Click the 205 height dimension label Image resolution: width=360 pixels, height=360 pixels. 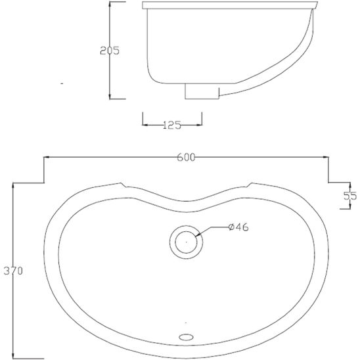(x=110, y=51)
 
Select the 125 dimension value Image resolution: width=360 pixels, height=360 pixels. (x=172, y=125)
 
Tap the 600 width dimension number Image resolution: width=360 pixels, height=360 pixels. (x=186, y=157)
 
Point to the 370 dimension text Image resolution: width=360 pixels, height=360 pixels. (x=13, y=271)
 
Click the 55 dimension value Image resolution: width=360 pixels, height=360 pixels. (x=350, y=196)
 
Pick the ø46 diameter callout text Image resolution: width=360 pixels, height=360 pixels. (x=238, y=227)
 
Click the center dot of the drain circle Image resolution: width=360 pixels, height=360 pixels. (x=186, y=242)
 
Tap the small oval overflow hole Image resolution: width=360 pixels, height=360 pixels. (x=186, y=337)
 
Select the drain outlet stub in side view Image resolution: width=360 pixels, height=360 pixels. (x=202, y=91)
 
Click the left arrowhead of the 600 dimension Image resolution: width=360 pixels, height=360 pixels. (x=47, y=157)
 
